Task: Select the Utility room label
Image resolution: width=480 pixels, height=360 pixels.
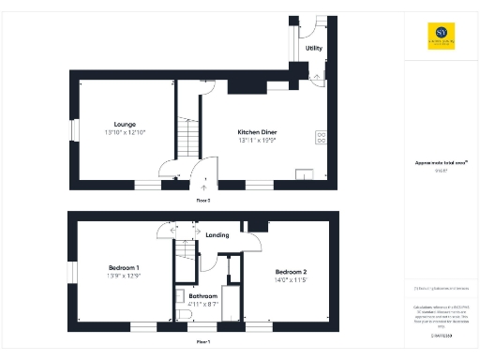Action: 314,48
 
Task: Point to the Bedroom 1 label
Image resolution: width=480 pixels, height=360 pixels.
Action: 124,267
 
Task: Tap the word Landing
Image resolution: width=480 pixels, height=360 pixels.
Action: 217,233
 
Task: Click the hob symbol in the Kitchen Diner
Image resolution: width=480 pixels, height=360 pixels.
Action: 321,137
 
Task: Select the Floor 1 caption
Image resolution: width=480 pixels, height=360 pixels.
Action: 202,342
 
